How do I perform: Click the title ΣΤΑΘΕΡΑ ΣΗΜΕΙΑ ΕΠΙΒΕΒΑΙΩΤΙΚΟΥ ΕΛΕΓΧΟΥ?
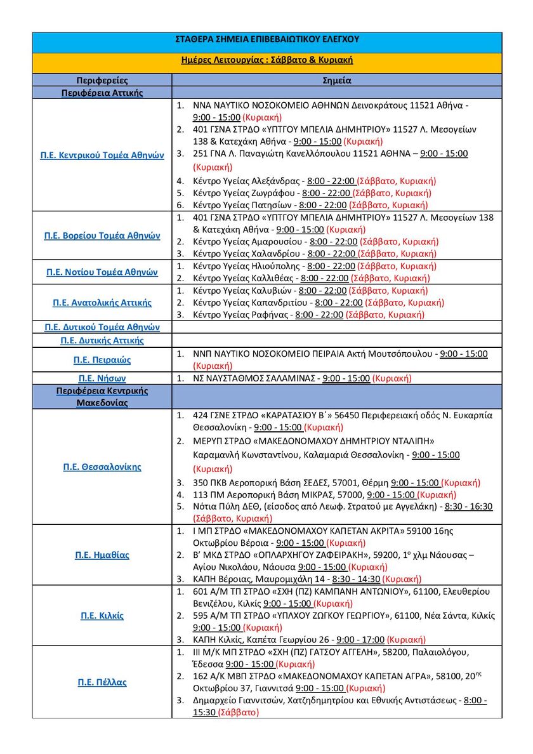click(266, 39)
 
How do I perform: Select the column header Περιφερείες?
click(102, 81)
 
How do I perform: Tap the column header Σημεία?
click(337, 81)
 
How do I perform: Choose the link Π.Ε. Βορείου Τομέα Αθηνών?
click(102, 235)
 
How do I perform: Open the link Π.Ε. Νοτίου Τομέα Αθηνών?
click(102, 272)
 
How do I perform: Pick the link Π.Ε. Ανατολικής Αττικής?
click(102, 303)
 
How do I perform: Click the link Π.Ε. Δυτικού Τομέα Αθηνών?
click(102, 327)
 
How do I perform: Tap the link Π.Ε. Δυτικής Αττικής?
click(102, 340)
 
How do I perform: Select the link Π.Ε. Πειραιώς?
click(102, 360)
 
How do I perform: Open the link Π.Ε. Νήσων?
click(102, 378)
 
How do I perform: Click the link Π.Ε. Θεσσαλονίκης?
click(102, 467)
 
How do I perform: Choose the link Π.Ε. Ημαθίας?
click(102, 555)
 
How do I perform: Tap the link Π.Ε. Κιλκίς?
click(102, 616)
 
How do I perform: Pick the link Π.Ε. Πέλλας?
click(102, 682)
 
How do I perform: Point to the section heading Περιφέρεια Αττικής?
click(102, 93)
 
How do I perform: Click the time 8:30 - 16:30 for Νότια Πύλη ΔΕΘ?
click(469, 506)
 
